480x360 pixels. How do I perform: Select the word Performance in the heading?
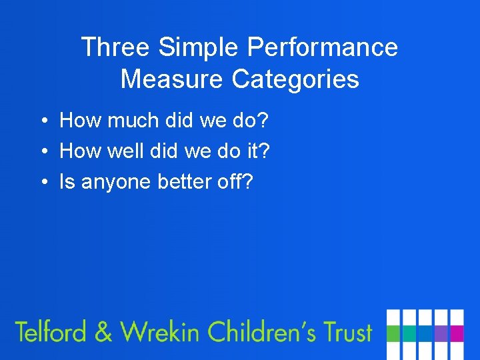click(x=322, y=47)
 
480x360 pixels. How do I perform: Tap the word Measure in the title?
click(x=173, y=79)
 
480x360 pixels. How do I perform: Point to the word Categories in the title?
click(x=295, y=79)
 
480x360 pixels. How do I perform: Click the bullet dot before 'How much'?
click(x=42, y=121)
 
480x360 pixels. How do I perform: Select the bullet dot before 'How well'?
click(x=42, y=152)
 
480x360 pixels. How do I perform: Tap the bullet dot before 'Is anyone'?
click(x=42, y=182)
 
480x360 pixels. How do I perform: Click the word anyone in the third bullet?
click(x=117, y=182)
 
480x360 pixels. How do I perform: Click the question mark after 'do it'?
click(x=265, y=151)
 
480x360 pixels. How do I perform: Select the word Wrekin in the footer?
click(x=159, y=331)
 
